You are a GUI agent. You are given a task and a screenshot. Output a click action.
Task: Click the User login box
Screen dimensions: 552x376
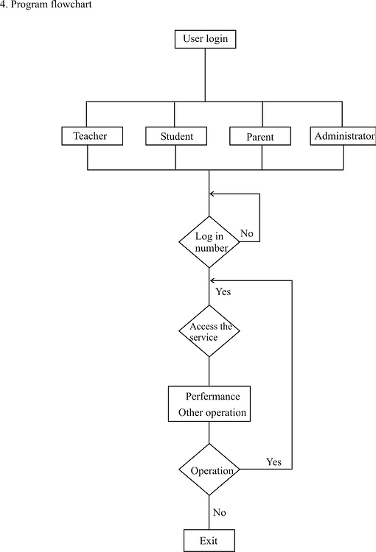206,38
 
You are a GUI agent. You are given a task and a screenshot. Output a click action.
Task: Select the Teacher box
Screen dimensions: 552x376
91,136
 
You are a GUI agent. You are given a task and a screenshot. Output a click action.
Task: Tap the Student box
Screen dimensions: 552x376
177,136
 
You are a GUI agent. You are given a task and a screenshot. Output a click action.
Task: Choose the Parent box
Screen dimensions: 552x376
259,137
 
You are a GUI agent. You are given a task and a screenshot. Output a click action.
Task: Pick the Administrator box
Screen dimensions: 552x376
344,136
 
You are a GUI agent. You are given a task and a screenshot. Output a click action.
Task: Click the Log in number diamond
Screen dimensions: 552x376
209,242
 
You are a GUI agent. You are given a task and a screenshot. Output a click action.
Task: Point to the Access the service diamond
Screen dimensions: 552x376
209,331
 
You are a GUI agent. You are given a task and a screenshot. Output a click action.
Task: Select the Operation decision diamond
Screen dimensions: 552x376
209,470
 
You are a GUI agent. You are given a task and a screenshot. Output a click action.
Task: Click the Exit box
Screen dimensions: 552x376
209,541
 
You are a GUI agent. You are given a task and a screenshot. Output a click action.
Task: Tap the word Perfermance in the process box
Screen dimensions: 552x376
212,397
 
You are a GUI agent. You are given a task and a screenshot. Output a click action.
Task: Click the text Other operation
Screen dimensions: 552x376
212,412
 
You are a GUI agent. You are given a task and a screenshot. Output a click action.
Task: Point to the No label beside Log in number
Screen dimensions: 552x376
247,233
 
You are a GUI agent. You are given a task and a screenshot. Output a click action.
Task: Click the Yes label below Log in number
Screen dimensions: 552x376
223,291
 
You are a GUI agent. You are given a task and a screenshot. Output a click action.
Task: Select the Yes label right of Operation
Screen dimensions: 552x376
274,462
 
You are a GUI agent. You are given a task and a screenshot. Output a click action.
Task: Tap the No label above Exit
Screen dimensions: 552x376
219,512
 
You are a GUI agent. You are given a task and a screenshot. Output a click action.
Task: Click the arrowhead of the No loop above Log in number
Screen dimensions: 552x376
213,194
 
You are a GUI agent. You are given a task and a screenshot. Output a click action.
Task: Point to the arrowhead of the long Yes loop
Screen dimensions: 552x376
213,280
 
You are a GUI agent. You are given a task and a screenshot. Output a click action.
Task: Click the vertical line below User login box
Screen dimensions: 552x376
206,74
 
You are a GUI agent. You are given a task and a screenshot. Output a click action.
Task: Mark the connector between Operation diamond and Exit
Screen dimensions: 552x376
209,512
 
